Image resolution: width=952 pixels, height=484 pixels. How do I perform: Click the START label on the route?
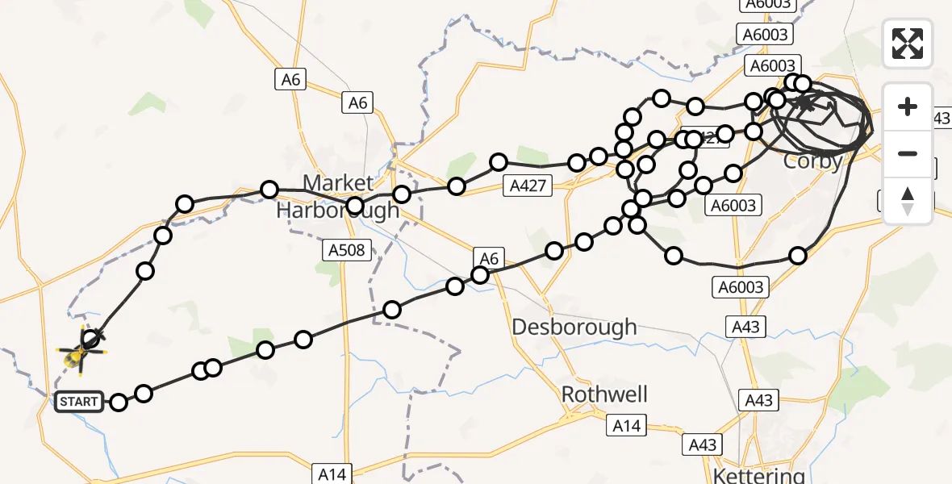tap(79, 402)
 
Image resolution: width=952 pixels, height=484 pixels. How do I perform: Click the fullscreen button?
tap(908, 43)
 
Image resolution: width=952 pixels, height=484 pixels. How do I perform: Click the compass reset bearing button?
tap(908, 201)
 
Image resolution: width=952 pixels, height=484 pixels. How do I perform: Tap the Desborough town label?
tap(574, 328)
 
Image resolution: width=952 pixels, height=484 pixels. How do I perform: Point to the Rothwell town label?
tap(605, 394)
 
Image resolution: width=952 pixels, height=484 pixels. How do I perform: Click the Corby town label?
tap(812, 161)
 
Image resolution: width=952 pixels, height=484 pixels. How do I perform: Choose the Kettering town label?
tap(748, 474)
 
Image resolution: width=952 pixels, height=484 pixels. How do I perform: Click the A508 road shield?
tap(347, 250)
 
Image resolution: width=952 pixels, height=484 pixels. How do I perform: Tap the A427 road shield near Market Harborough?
tap(528, 186)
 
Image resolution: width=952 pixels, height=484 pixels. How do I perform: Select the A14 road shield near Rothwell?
tap(628, 425)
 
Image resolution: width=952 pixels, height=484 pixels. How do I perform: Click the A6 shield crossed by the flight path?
tap(489, 258)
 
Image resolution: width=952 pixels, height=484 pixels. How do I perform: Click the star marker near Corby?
tap(805, 102)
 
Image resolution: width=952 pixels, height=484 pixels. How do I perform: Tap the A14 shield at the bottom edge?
tap(332, 474)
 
